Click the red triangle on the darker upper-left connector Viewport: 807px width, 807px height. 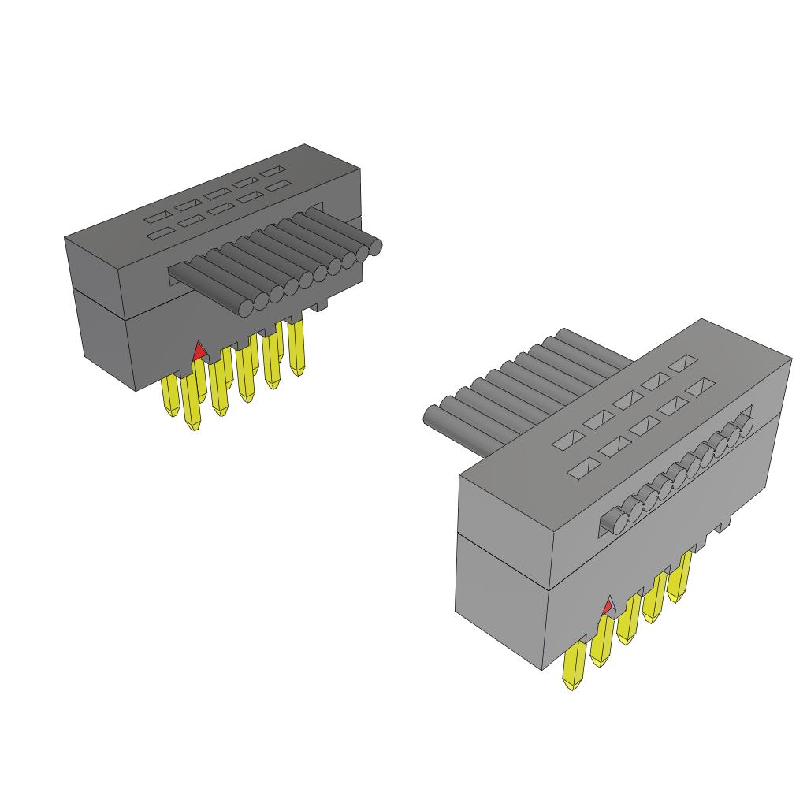coord(199,351)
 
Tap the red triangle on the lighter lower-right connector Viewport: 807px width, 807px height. coord(608,607)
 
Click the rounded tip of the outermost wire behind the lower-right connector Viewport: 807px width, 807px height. coord(432,415)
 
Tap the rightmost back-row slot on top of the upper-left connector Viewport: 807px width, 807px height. coord(274,172)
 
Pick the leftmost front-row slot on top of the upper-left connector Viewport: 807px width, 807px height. coord(158,233)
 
